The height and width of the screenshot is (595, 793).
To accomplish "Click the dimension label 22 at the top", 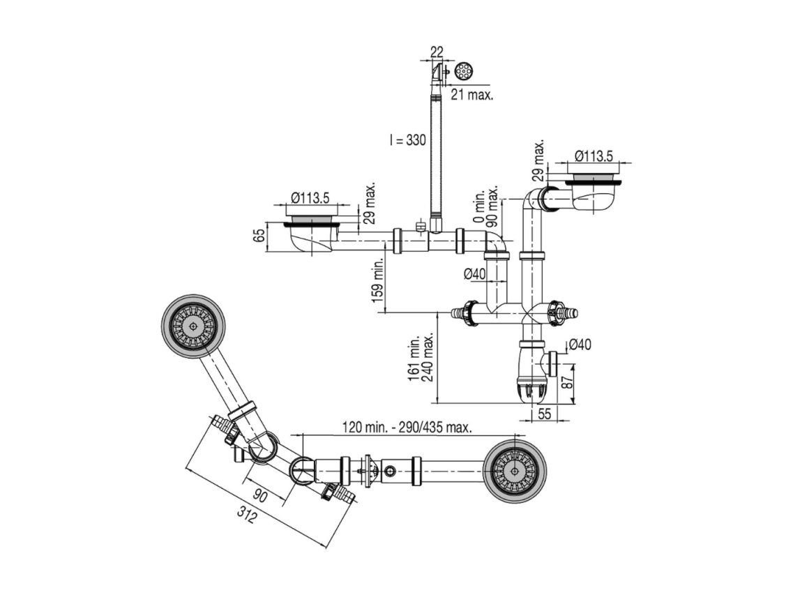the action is [x=437, y=52].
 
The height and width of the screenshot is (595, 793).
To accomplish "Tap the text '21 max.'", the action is [x=472, y=94].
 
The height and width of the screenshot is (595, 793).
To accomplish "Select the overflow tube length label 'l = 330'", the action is [x=407, y=140].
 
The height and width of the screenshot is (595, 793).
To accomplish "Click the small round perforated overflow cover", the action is [x=463, y=72].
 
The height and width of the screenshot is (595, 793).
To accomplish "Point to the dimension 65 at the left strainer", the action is [x=259, y=235].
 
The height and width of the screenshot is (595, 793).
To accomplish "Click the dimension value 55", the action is [x=544, y=414].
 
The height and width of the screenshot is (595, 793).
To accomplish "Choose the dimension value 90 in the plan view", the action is [x=259, y=496].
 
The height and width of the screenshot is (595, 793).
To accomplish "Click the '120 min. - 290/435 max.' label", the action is [x=407, y=427].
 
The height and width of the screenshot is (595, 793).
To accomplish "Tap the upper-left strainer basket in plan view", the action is [x=193, y=326].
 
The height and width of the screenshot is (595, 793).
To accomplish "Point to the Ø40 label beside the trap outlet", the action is [x=580, y=345].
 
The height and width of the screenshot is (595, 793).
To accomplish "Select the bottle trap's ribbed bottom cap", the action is [x=533, y=392].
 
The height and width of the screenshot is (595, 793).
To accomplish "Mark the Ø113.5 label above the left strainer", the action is [x=310, y=198].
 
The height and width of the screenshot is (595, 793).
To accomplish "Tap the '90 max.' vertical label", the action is [x=492, y=206].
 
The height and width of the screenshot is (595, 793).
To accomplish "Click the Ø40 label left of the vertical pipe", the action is [x=474, y=273].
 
